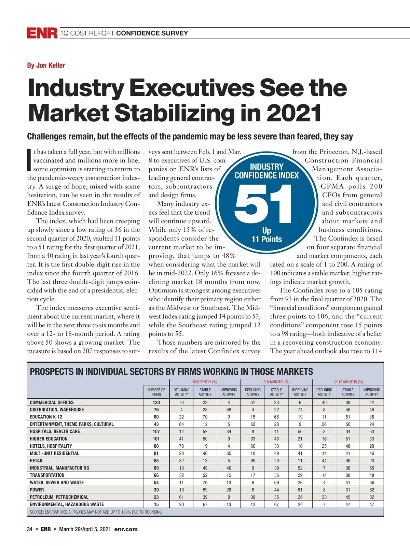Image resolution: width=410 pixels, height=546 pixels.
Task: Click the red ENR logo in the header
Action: point(42,33)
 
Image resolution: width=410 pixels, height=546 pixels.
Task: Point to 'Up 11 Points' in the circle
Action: point(266,235)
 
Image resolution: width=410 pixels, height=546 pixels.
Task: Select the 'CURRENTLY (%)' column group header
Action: point(205,382)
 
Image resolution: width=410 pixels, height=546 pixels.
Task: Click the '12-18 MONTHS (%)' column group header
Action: point(348,382)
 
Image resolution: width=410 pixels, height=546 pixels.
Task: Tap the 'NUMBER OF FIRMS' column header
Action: point(156,392)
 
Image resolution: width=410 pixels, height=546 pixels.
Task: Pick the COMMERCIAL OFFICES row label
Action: point(52,402)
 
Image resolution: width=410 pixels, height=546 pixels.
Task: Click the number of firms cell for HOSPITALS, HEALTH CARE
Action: point(156,431)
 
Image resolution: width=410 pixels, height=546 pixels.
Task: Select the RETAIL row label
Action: point(37,460)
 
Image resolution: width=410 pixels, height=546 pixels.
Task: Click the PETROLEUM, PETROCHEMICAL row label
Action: point(59,497)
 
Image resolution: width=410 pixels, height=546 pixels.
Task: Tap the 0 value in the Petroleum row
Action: point(229,497)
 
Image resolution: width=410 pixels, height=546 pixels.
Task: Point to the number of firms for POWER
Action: point(156,490)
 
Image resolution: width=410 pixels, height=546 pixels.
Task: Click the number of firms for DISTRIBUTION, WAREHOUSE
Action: point(156,409)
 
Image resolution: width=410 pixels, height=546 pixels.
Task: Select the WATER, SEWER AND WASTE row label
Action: point(57,483)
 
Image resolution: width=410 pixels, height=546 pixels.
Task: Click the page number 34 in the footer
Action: point(30,529)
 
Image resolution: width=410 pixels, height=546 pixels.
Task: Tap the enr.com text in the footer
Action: point(126,529)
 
